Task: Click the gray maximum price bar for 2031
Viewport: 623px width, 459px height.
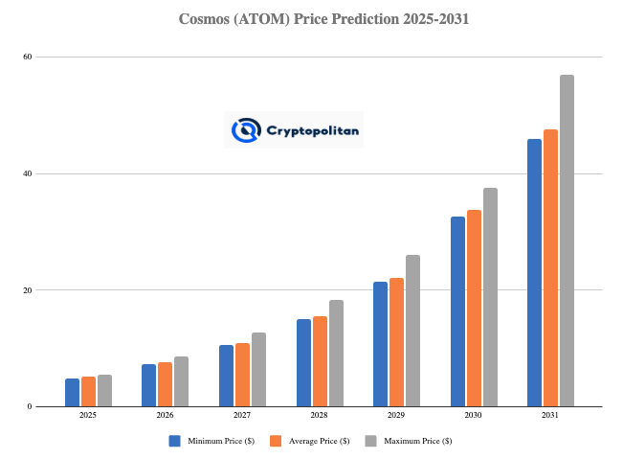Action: pyautogui.click(x=567, y=241)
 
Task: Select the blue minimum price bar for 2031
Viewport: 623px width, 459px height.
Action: pyautogui.click(x=534, y=273)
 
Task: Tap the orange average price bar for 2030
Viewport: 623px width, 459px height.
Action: pyautogui.click(x=474, y=308)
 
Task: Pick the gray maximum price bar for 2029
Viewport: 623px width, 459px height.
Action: pyautogui.click(x=412, y=331)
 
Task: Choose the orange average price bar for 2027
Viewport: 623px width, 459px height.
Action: pyautogui.click(x=242, y=375)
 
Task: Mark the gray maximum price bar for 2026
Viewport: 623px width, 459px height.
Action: pyautogui.click(x=181, y=381)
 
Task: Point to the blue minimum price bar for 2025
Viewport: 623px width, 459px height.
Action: pyautogui.click(x=72, y=392)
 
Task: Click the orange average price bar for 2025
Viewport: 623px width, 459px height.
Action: pyautogui.click(x=88, y=391)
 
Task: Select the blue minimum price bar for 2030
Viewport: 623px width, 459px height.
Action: pyautogui.click(x=457, y=311)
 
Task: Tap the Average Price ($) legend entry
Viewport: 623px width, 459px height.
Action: pyautogui.click(x=311, y=441)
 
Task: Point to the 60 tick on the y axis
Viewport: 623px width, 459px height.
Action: pyautogui.click(x=28, y=57)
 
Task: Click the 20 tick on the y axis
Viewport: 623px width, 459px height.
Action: pyautogui.click(x=28, y=290)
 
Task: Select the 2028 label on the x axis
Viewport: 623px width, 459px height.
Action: pyautogui.click(x=320, y=415)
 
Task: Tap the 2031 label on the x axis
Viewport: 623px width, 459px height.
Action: pyautogui.click(x=550, y=415)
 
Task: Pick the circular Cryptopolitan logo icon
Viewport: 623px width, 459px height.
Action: pyautogui.click(x=246, y=129)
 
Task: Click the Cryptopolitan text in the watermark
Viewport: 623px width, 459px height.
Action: pyautogui.click(x=313, y=129)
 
